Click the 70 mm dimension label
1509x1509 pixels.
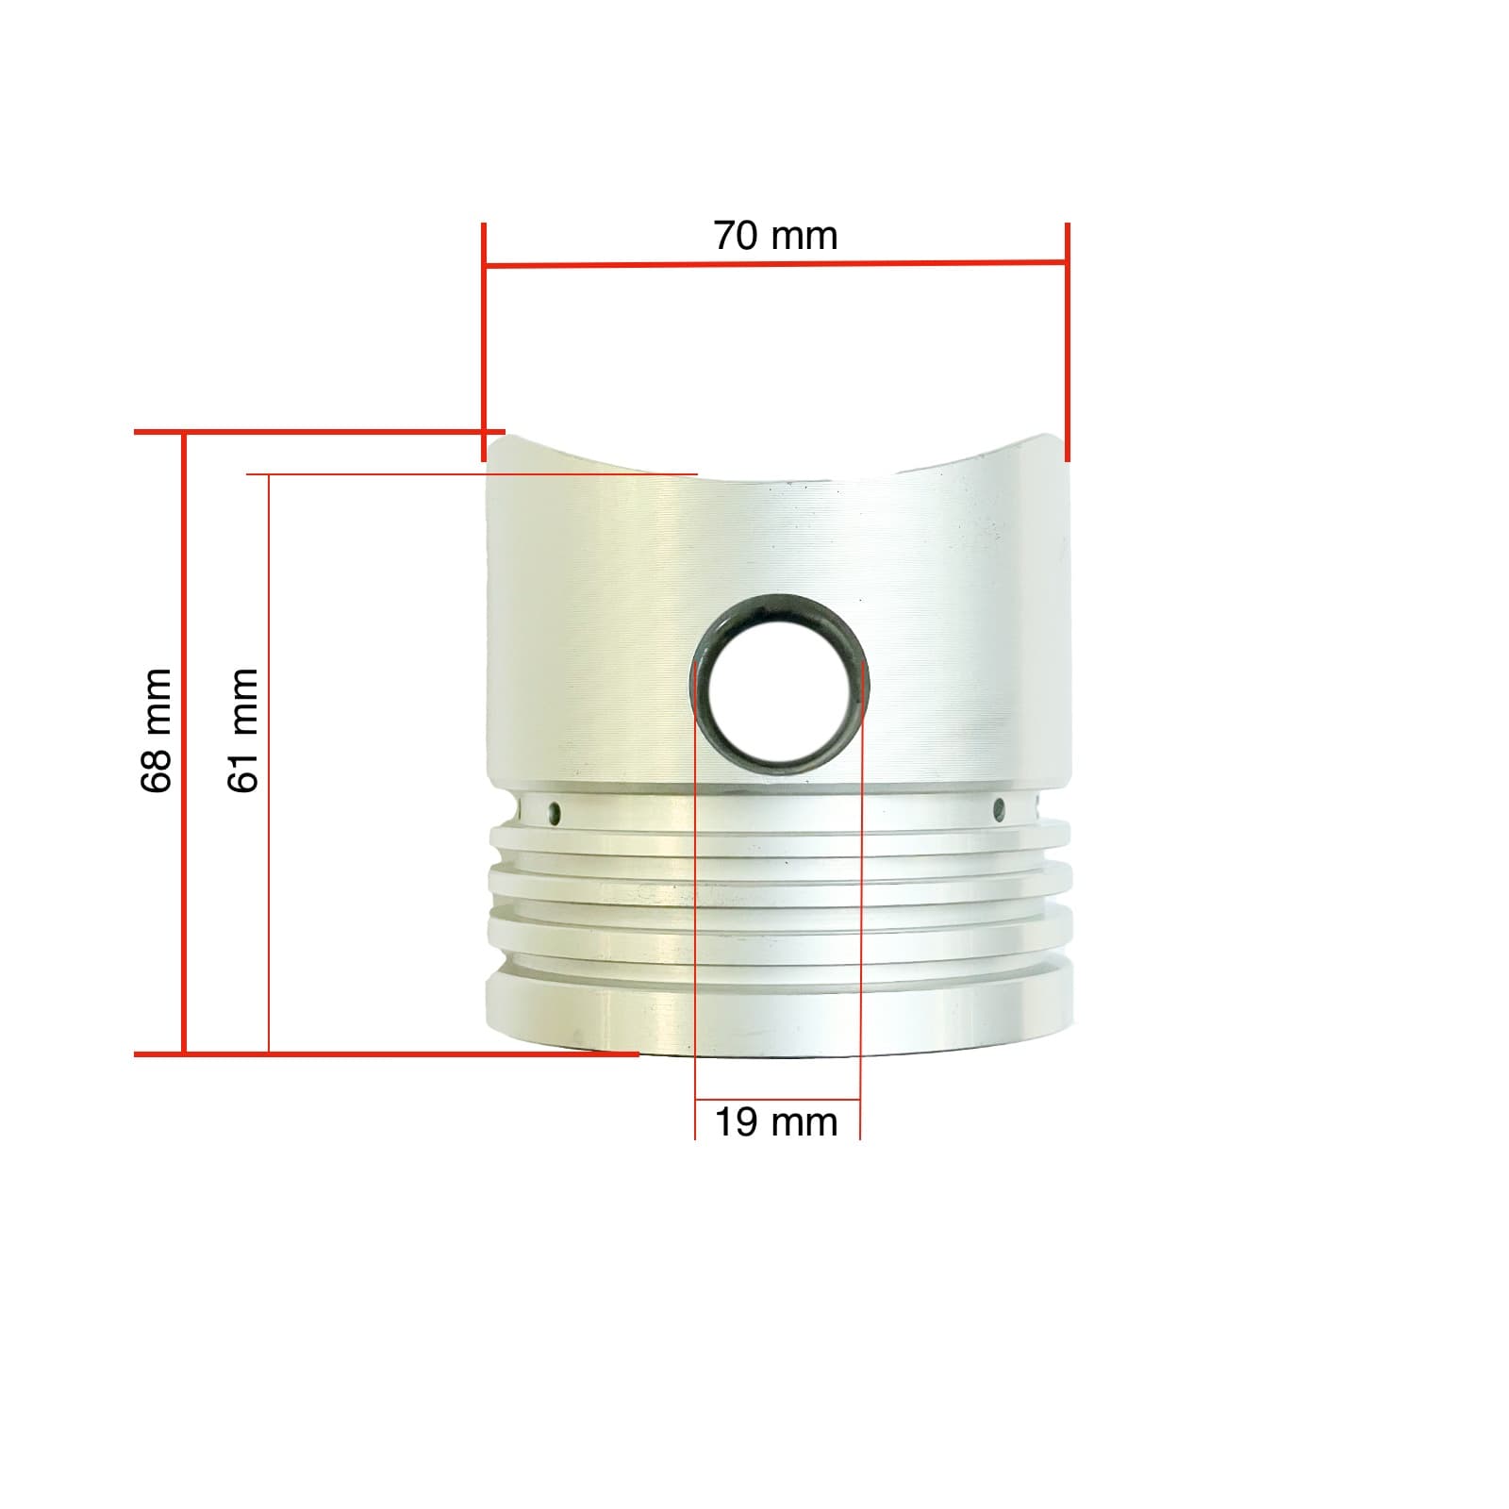pos(775,236)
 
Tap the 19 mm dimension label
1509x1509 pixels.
pos(775,1123)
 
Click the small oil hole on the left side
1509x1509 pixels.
pos(555,812)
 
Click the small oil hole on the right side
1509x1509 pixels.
pos(1000,808)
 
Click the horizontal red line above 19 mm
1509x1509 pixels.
pos(777,1100)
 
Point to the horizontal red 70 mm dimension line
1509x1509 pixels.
pos(660,265)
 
